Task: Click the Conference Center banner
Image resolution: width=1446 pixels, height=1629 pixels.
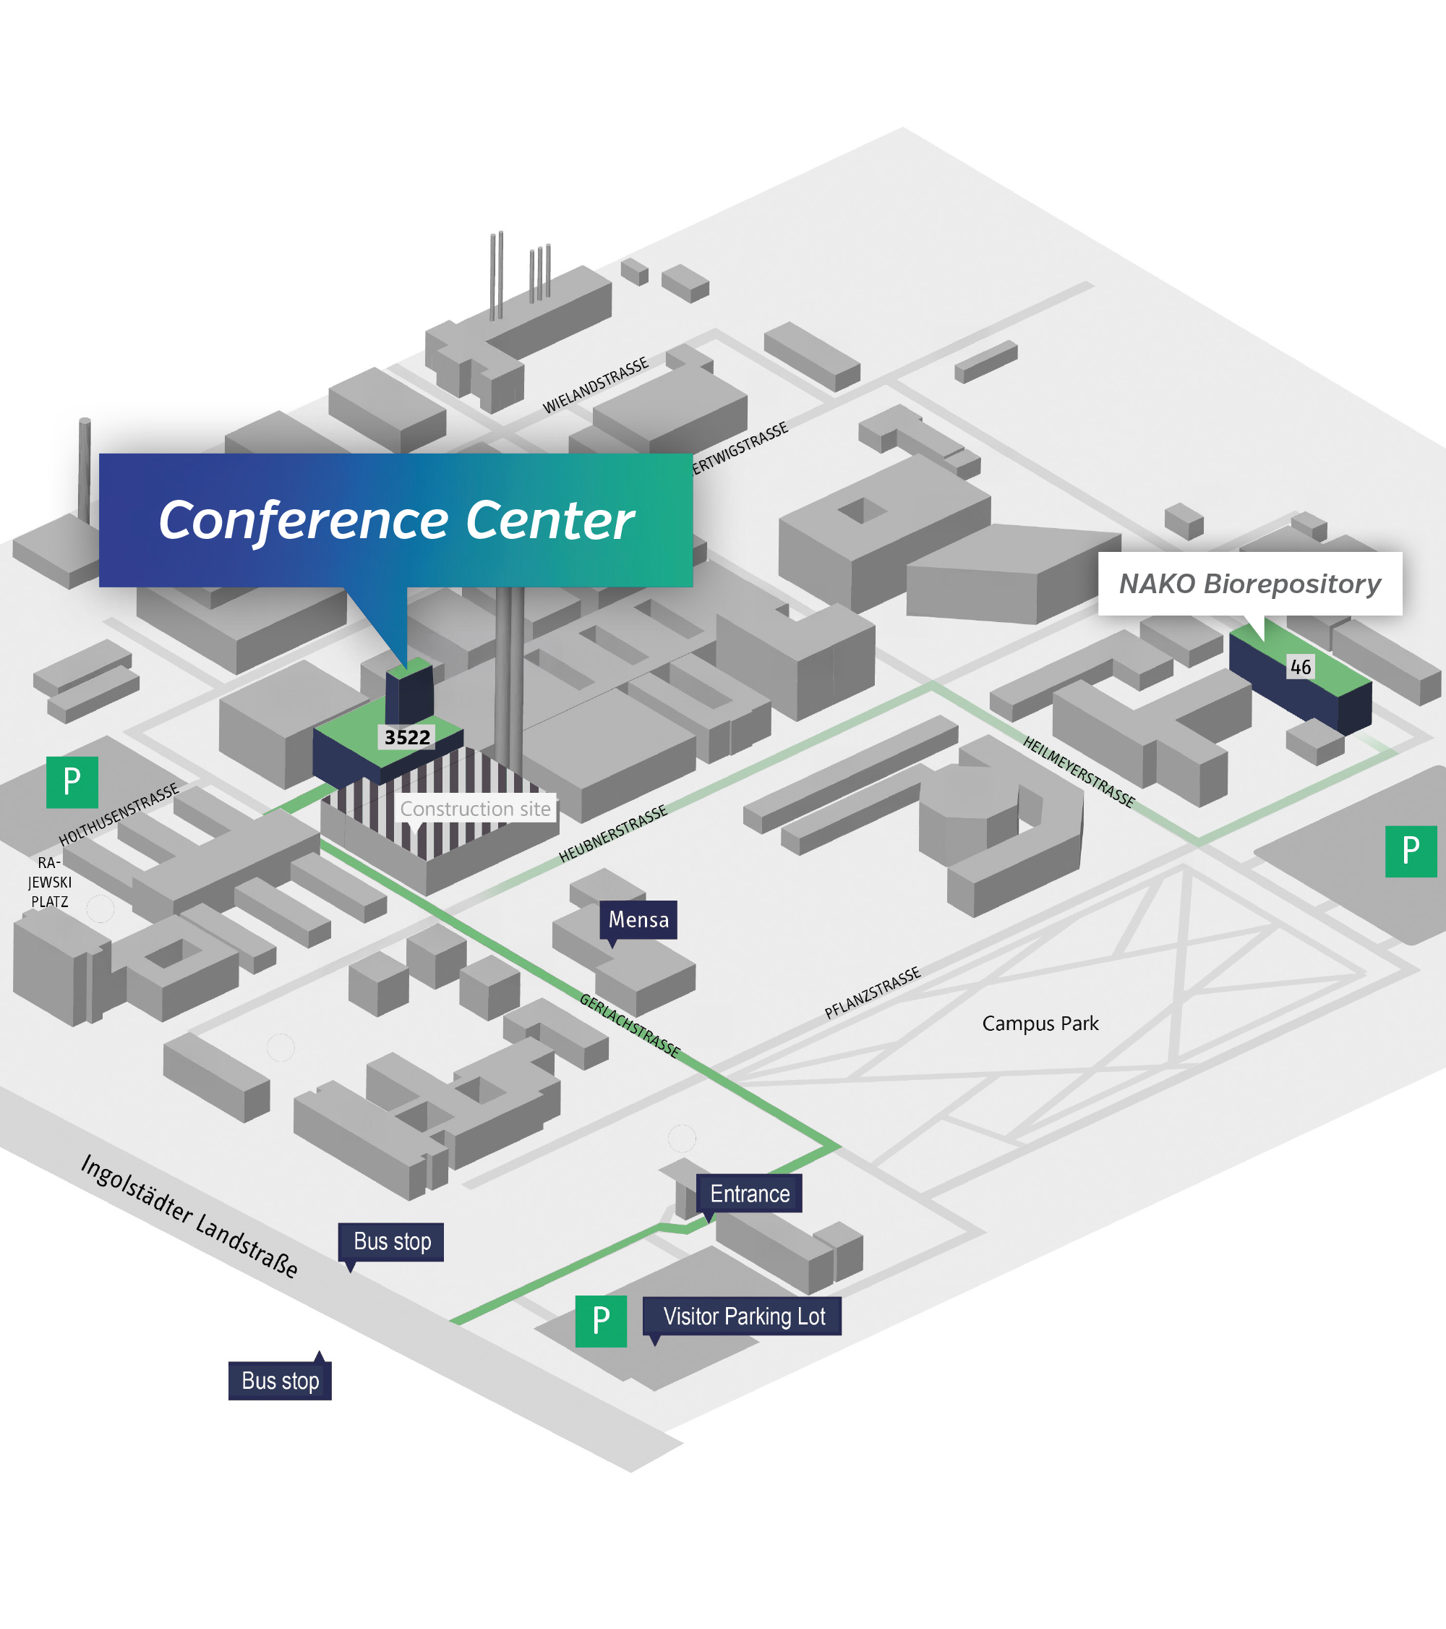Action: (396, 520)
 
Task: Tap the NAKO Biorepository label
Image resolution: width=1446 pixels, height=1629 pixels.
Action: (1250, 583)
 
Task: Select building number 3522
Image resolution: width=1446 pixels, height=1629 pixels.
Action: (407, 737)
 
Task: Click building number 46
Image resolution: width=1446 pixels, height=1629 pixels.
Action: (1300, 667)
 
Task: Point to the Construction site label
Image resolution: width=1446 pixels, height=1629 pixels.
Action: (475, 809)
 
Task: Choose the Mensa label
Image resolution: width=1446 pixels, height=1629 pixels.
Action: (638, 919)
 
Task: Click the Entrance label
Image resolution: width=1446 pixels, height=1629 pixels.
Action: (750, 1193)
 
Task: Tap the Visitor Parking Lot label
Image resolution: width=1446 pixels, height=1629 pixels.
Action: (743, 1316)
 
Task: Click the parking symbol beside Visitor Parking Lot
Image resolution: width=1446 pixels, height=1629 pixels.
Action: (601, 1322)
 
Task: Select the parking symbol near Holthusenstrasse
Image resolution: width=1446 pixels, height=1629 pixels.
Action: (72, 782)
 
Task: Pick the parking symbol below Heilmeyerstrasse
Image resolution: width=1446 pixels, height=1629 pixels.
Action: (1411, 851)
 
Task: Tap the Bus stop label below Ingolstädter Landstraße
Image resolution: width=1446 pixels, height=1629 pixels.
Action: (280, 1380)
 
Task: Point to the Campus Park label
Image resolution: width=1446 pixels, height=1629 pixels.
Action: (1040, 1024)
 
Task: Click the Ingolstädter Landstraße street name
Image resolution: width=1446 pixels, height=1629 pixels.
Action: (189, 1215)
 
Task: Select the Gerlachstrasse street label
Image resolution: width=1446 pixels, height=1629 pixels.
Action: (630, 1026)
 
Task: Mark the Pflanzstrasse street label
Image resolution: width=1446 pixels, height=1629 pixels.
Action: (873, 992)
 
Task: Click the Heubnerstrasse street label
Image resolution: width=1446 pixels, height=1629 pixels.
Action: (612, 833)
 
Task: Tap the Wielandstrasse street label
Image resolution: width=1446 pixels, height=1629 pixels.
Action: (596, 386)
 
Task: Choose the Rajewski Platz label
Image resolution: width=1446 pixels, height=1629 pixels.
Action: (49, 882)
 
